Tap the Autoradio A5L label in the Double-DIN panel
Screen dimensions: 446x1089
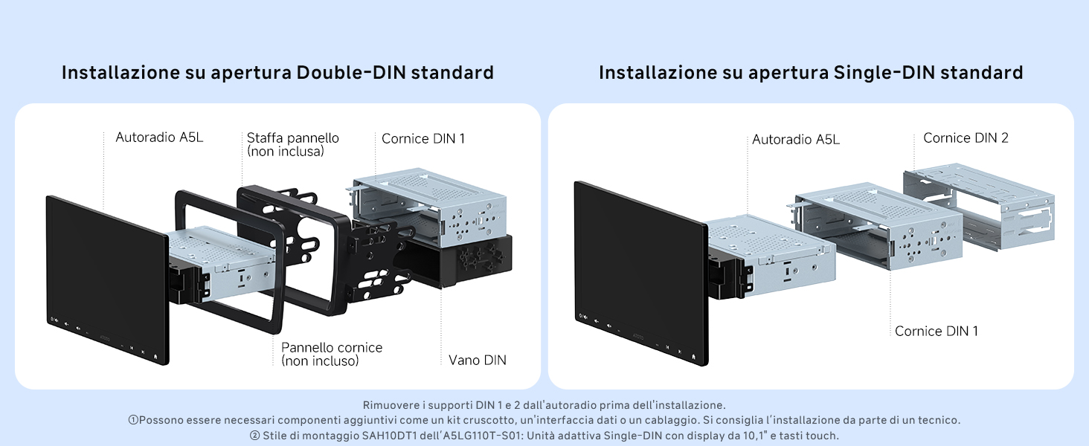[159, 138]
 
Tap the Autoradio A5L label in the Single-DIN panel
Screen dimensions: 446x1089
[796, 140]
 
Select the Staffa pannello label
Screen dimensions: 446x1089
[292, 138]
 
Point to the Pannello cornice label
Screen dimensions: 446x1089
[331, 348]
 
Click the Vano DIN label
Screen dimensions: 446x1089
[477, 361]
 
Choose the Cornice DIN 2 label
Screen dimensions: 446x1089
[966, 138]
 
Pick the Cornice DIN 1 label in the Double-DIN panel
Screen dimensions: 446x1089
[423, 139]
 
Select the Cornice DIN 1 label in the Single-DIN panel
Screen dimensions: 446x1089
[937, 332]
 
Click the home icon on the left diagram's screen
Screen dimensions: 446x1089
[155, 356]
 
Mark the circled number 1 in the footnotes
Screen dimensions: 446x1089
[133, 421]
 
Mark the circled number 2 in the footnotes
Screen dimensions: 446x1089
[254, 436]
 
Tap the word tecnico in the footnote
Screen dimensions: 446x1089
[939, 420]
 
